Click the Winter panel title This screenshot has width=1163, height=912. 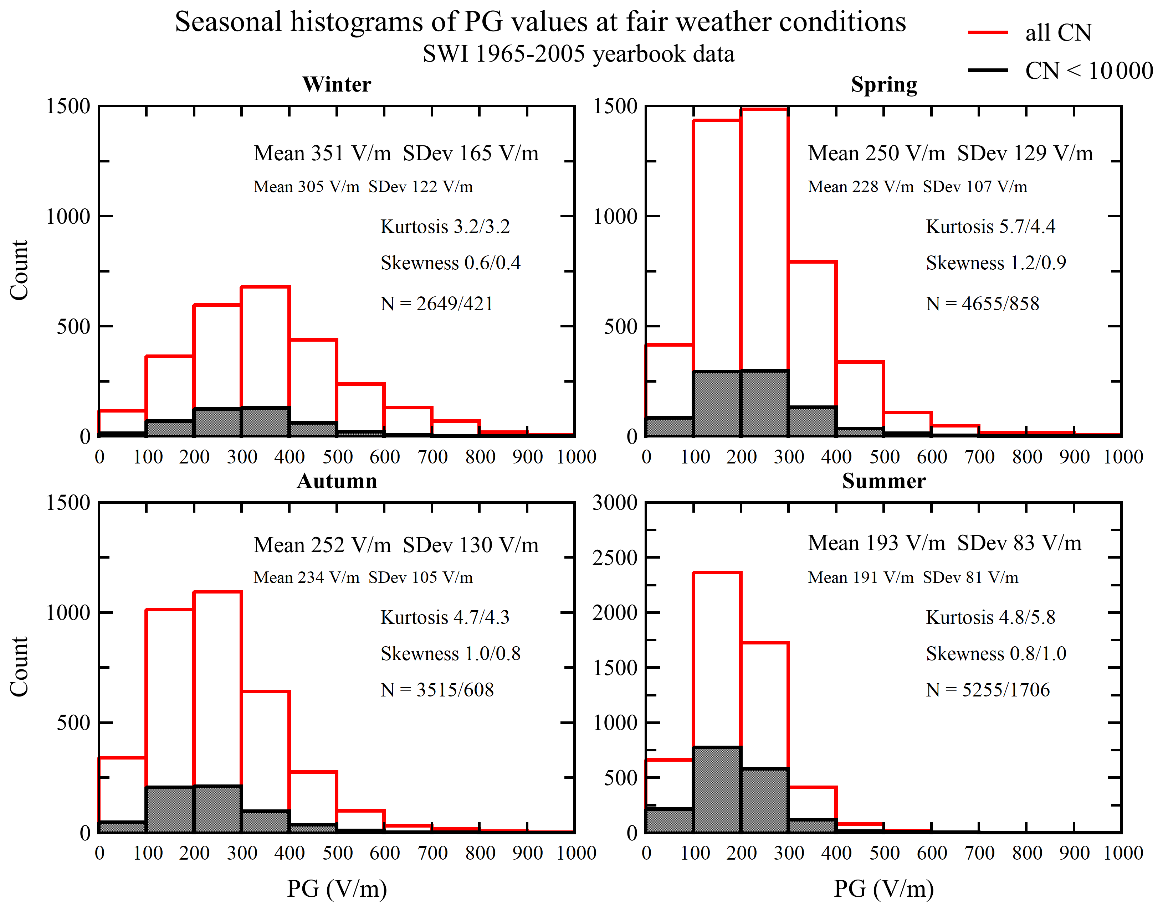pos(337,84)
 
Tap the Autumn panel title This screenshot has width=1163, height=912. pos(337,481)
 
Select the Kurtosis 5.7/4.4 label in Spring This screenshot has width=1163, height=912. pos(990,227)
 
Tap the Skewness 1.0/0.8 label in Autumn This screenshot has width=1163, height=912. pos(450,654)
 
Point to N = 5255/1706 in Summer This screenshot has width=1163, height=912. pos(987,690)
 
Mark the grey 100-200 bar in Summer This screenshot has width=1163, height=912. pos(717,790)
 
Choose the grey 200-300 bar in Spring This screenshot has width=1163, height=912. pos(764,404)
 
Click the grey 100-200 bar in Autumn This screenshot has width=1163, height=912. pos(170,809)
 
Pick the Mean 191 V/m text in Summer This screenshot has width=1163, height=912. pos(860,577)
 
